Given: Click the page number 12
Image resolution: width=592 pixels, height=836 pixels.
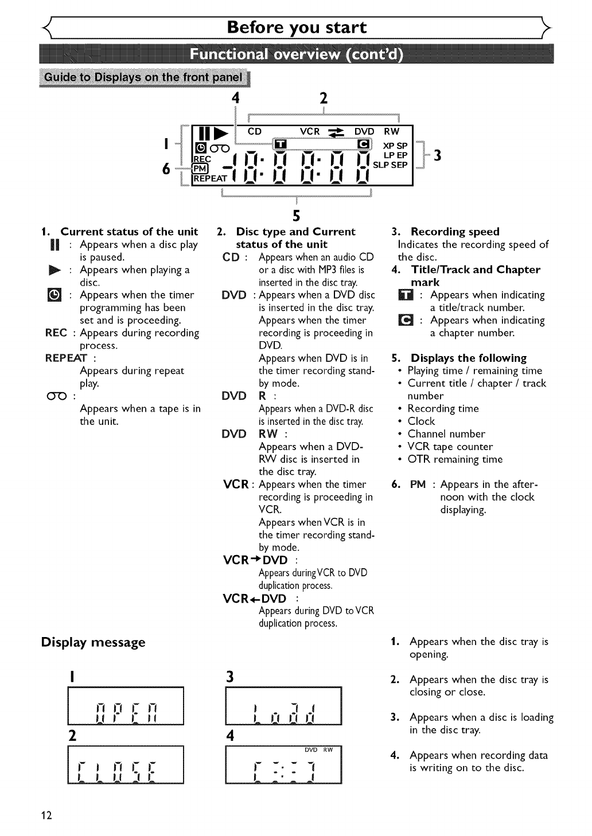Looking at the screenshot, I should click(x=46, y=815).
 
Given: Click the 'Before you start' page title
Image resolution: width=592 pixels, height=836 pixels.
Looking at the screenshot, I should click(x=297, y=28).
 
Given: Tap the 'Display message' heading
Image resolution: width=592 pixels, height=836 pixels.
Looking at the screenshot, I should click(x=93, y=642).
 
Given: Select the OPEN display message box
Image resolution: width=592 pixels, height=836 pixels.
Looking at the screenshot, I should click(x=126, y=706).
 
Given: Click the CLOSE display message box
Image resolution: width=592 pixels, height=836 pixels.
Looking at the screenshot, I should click(x=126, y=764).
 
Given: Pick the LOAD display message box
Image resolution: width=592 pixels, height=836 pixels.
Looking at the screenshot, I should click(x=284, y=706).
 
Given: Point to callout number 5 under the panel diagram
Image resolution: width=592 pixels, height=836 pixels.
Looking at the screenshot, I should click(x=297, y=216).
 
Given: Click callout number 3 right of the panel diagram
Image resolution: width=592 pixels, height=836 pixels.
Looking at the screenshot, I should click(x=437, y=155).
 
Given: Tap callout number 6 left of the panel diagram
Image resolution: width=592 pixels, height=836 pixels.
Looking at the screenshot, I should click(x=166, y=169).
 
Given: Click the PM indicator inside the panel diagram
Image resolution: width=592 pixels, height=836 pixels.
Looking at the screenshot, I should click(x=200, y=168).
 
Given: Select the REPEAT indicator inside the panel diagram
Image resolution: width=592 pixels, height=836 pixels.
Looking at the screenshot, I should click(x=210, y=178).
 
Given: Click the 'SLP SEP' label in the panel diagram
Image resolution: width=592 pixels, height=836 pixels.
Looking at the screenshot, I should click(x=390, y=165).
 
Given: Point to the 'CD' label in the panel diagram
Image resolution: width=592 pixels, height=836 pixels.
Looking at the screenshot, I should click(x=254, y=131).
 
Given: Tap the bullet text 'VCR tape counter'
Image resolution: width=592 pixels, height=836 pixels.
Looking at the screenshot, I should click(x=450, y=447).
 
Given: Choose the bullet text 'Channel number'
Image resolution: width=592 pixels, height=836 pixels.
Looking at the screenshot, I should click(x=446, y=434).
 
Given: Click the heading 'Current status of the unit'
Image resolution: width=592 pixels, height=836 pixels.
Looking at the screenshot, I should click(x=129, y=232).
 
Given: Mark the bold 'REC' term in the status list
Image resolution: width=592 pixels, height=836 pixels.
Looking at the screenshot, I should click(x=56, y=333).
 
